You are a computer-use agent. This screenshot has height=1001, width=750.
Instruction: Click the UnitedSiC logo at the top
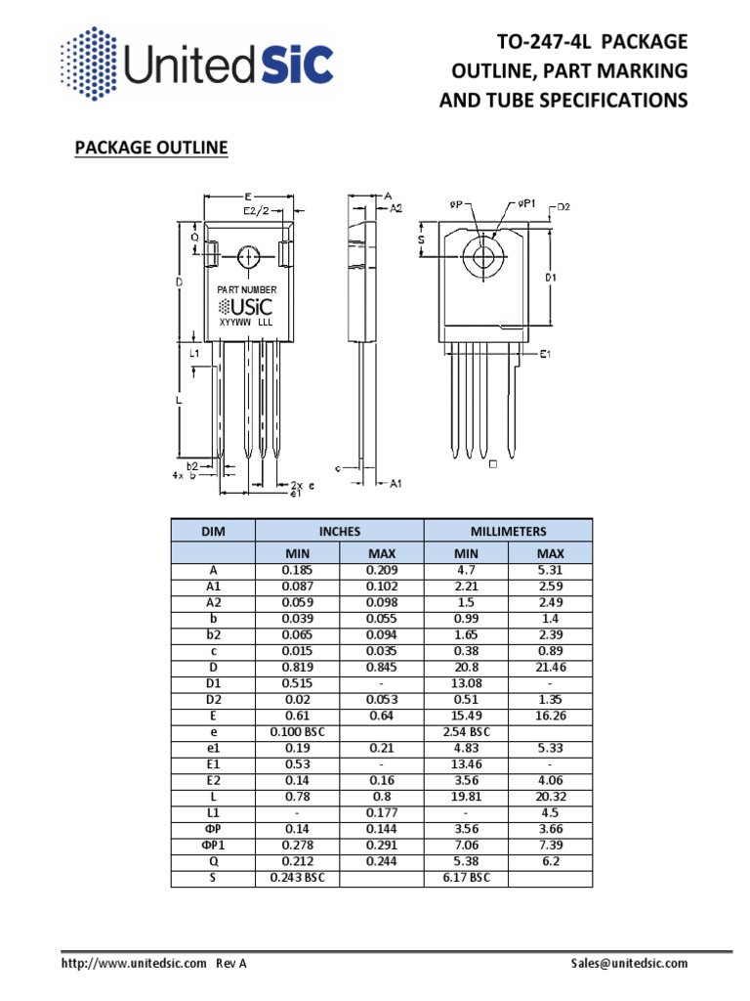point(196,66)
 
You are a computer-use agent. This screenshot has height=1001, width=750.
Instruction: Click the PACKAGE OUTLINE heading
point(151,148)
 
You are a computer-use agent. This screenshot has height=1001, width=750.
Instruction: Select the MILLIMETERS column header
point(507,531)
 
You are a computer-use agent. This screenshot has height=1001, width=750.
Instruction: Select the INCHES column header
point(339,531)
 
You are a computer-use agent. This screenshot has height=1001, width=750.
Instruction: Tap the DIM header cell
point(213,531)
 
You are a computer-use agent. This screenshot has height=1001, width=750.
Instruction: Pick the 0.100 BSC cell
point(297,731)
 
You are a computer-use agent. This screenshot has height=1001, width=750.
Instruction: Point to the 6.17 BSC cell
point(466,878)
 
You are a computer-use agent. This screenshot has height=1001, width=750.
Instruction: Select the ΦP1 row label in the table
point(213,845)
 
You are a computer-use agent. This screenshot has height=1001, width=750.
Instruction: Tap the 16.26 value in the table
point(550,715)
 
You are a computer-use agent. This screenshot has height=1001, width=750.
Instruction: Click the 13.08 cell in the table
point(466,682)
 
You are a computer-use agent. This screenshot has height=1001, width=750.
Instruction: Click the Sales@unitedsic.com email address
point(629,963)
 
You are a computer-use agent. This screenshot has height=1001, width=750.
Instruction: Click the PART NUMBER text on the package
point(246,289)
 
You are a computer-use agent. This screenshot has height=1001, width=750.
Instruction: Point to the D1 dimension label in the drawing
point(551,277)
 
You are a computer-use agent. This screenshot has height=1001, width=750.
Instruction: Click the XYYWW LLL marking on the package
point(245,322)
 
